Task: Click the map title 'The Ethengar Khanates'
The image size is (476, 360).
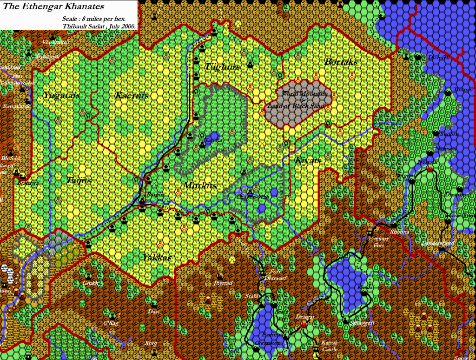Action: coord(53,7)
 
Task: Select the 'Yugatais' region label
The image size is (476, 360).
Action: coord(61,95)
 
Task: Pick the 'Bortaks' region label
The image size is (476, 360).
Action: coord(341,61)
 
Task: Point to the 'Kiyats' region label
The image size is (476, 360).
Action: coord(308,160)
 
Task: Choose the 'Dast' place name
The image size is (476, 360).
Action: coord(153,311)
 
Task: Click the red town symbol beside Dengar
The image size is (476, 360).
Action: coord(304,324)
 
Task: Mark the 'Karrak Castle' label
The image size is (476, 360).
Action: coord(329,346)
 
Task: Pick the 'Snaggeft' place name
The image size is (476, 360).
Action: coord(363,322)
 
